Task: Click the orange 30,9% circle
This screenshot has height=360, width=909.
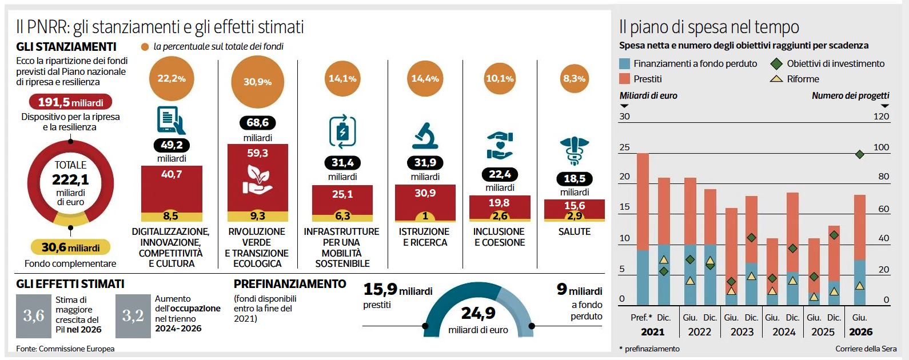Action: tap(257, 82)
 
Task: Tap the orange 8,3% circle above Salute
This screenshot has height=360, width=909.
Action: tap(574, 78)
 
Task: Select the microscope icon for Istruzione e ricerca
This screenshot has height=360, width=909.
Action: tap(425, 135)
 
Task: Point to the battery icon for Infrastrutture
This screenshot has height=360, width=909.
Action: tap(342, 132)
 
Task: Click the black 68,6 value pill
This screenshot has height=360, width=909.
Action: tap(257, 122)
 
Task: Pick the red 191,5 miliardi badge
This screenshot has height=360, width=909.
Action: tap(70, 102)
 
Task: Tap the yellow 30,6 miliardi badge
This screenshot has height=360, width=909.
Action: tap(70, 247)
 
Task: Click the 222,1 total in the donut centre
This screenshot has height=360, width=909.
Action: tap(70, 179)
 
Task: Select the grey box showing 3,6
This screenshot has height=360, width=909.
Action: tap(34, 315)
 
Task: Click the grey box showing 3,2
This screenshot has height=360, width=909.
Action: tap(133, 315)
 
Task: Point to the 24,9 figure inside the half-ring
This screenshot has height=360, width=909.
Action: tap(478, 313)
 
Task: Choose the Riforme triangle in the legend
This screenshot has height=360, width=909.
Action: tap(776, 79)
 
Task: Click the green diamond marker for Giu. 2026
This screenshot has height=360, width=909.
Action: tap(859, 154)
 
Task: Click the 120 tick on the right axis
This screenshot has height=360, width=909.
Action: tap(882, 117)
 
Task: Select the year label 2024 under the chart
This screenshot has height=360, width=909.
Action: tap(784, 332)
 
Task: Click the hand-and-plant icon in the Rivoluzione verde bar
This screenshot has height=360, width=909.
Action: tap(257, 179)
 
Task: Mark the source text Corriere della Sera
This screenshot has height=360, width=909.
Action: tap(866, 349)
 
